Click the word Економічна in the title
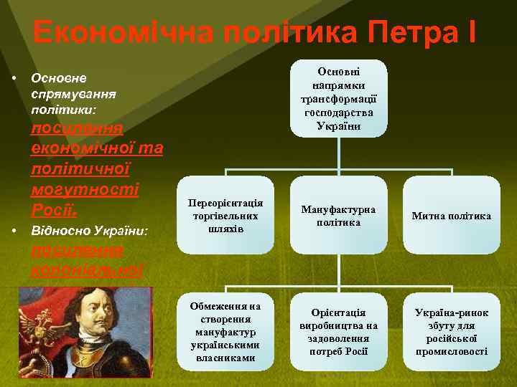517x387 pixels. pyautogui.click(x=123, y=32)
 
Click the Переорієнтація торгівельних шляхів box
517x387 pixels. pyautogui.click(x=225, y=216)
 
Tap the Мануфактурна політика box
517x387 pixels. pyautogui.click(x=338, y=216)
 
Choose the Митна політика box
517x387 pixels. pyautogui.click(x=452, y=216)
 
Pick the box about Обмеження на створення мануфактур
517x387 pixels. pyautogui.click(x=225, y=332)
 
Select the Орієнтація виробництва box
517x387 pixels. pyautogui.click(x=338, y=332)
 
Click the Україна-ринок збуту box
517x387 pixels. pyautogui.click(x=452, y=332)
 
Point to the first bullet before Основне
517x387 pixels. pyautogui.click(x=14, y=77)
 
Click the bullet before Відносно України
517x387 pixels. pyautogui.click(x=14, y=231)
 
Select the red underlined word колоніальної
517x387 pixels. pyautogui.click(x=86, y=270)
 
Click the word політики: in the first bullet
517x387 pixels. pyautogui.click(x=69, y=110)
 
